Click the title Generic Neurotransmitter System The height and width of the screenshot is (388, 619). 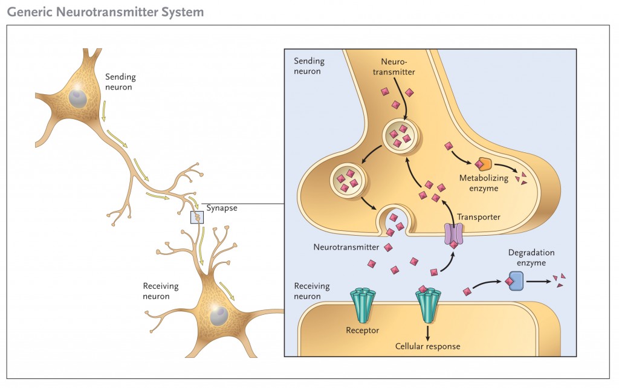105,12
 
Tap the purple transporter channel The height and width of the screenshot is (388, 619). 453,234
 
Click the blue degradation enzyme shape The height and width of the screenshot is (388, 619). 516,281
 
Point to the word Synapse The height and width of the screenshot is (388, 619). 222,208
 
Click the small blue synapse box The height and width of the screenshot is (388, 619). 197,217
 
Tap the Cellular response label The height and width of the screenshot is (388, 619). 427,346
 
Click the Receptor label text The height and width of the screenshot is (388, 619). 363,331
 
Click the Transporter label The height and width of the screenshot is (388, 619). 479,217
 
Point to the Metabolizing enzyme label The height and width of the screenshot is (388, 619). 484,183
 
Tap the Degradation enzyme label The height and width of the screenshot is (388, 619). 531,257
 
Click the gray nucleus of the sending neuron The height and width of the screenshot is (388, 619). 78,98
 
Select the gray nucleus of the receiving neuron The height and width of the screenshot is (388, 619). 219,315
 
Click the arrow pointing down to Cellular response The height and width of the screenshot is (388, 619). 427,332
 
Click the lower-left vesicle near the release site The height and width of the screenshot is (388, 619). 348,181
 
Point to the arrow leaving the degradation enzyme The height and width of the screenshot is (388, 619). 539,282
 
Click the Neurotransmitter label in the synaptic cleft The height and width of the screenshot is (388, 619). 346,247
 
